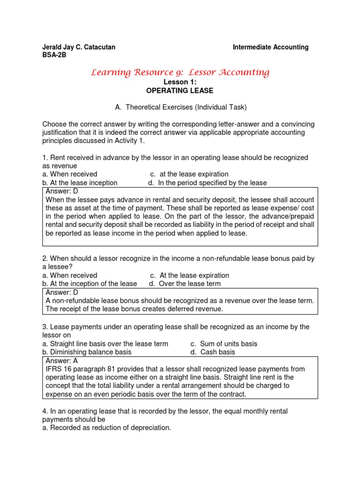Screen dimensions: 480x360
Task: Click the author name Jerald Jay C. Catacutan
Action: [x=79, y=47]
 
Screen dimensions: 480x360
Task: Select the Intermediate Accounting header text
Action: [x=270, y=47]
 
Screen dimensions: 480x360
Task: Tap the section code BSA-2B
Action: [x=54, y=55]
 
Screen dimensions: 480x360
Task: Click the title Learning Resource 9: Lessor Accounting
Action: [x=180, y=72]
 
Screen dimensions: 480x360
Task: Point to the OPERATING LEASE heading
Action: [x=180, y=90]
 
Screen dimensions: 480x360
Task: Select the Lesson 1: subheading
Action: [x=180, y=82]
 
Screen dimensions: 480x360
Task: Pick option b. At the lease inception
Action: [x=80, y=183]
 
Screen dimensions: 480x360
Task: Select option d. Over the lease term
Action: [x=185, y=284]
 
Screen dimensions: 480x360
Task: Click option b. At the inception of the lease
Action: [x=89, y=284]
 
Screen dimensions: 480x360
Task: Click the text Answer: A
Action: [x=65, y=360]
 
